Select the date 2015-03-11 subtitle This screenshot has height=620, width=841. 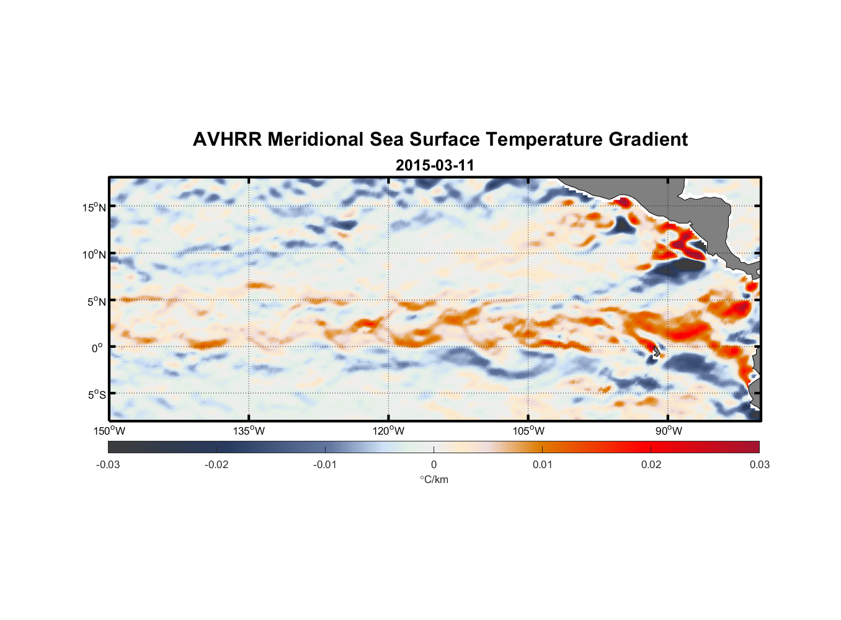pos(435,166)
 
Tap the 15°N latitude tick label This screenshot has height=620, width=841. pos(94,208)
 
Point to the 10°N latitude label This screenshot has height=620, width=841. pos(94,254)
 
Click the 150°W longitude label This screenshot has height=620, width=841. pos(109,431)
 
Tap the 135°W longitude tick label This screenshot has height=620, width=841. pos(249,431)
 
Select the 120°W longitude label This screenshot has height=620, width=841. pos(388,431)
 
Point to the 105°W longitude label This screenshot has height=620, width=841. pos(528,431)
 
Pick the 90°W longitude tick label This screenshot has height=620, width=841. pos(669,431)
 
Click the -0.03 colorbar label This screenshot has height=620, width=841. pos(108,465)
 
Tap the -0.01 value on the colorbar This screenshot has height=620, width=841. pos(325,465)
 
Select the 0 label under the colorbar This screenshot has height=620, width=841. pos(434,465)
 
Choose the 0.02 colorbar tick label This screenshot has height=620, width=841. pos(651,465)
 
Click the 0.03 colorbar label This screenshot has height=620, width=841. pos(759,465)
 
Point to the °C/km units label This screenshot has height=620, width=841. pos(434,479)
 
